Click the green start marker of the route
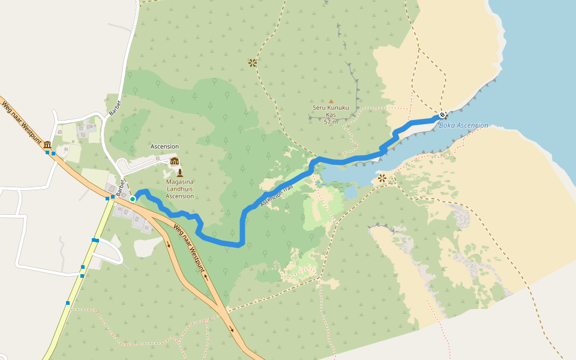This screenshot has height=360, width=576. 133,199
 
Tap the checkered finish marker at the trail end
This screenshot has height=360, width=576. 442,115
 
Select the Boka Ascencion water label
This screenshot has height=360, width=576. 463,125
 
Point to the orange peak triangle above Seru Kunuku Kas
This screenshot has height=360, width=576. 331,101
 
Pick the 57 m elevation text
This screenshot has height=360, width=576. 331,122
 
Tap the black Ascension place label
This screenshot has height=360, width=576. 164,146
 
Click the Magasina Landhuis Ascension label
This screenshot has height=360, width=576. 179,189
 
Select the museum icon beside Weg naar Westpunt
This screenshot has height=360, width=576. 47,145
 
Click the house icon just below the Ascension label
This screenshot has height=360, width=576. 175,161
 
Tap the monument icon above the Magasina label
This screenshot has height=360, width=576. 179,173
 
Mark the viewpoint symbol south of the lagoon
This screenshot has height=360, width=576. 382,178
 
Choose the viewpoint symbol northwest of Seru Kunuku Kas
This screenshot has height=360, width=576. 253,62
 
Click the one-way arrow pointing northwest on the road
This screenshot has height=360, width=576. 206,277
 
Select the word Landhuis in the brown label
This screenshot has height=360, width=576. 179,189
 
